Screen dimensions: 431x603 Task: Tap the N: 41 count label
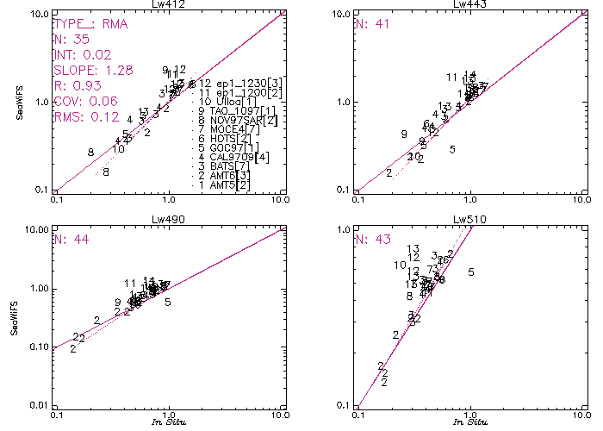click(x=372, y=24)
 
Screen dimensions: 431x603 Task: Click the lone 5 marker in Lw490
click(x=168, y=302)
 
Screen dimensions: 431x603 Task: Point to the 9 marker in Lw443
click(x=403, y=134)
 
